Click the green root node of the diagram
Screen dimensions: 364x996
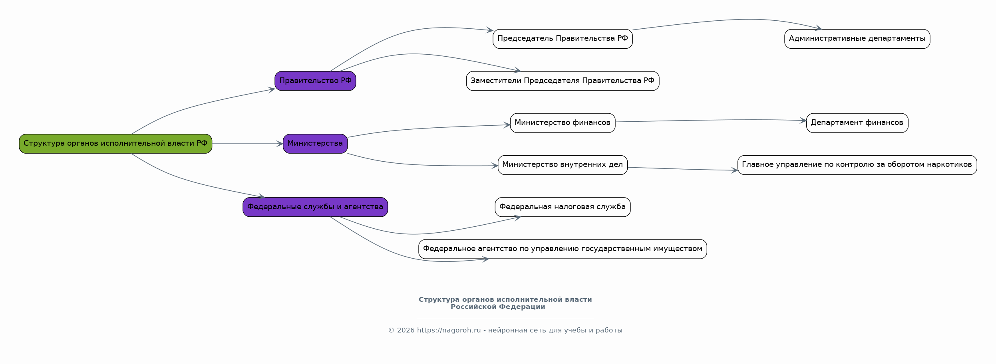(115, 144)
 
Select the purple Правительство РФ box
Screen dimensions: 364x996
(315, 81)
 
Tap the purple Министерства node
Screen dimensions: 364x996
(315, 144)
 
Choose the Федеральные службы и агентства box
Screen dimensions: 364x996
(315, 207)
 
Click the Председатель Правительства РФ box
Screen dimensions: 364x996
(563, 39)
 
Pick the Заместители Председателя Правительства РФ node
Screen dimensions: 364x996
(563, 81)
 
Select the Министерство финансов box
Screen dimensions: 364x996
(563, 123)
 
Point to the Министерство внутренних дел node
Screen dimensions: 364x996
(563, 165)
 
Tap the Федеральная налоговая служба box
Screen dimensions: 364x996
(563, 207)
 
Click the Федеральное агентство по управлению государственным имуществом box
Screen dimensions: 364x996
(563, 249)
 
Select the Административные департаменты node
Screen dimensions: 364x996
(857, 39)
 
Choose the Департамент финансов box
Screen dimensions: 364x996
(857, 123)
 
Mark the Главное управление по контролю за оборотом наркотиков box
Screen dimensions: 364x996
(857, 165)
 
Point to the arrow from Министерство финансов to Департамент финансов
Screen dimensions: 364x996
(711, 120)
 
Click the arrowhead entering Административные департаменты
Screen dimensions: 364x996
(819, 28)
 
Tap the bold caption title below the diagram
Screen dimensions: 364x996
(505, 303)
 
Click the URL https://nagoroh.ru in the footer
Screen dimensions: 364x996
(449, 330)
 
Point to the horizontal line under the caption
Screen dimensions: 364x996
(505, 318)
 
